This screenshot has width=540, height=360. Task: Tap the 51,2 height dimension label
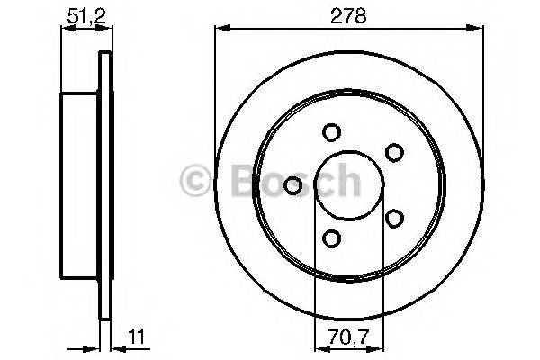(x=82, y=14)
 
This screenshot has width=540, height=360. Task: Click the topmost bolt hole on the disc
(x=331, y=132)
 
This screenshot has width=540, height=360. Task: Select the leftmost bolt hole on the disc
(x=292, y=185)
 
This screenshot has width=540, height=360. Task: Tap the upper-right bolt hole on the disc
(x=392, y=153)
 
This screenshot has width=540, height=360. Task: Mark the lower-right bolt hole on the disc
(x=392, y=217)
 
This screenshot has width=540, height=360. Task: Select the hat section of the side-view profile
(x=79, y=184)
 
